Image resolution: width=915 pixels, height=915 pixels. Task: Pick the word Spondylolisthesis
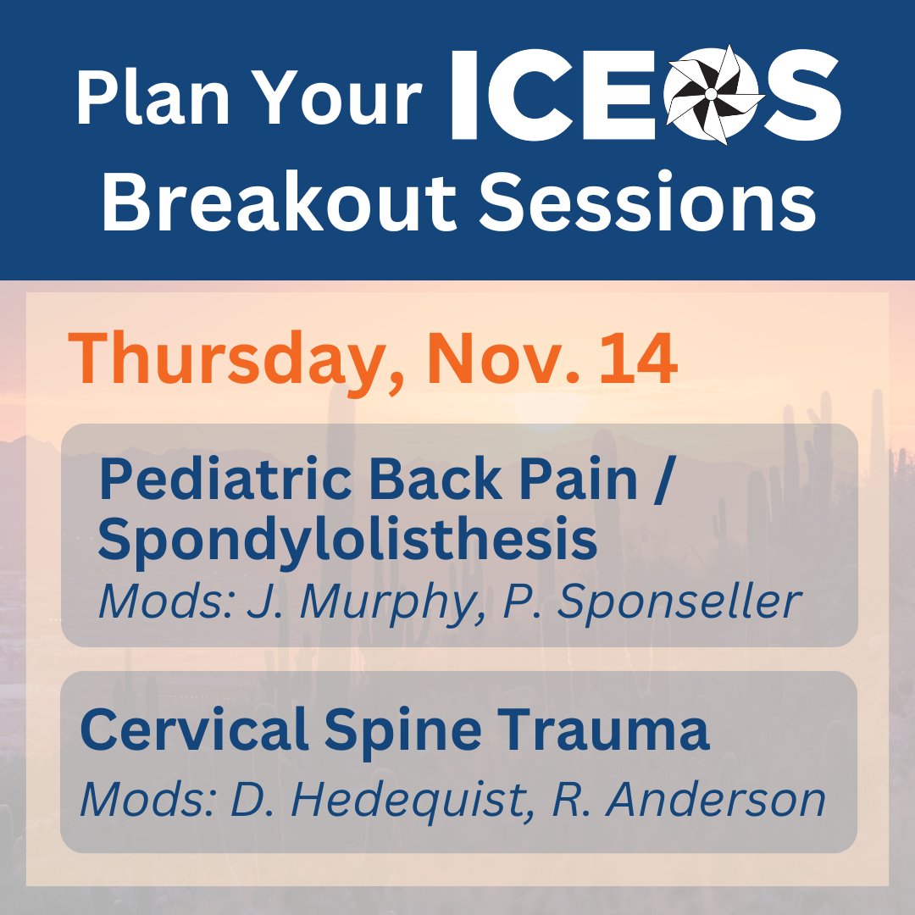click(347, 542)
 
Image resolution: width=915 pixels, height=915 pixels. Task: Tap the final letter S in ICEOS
click(801, 93)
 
